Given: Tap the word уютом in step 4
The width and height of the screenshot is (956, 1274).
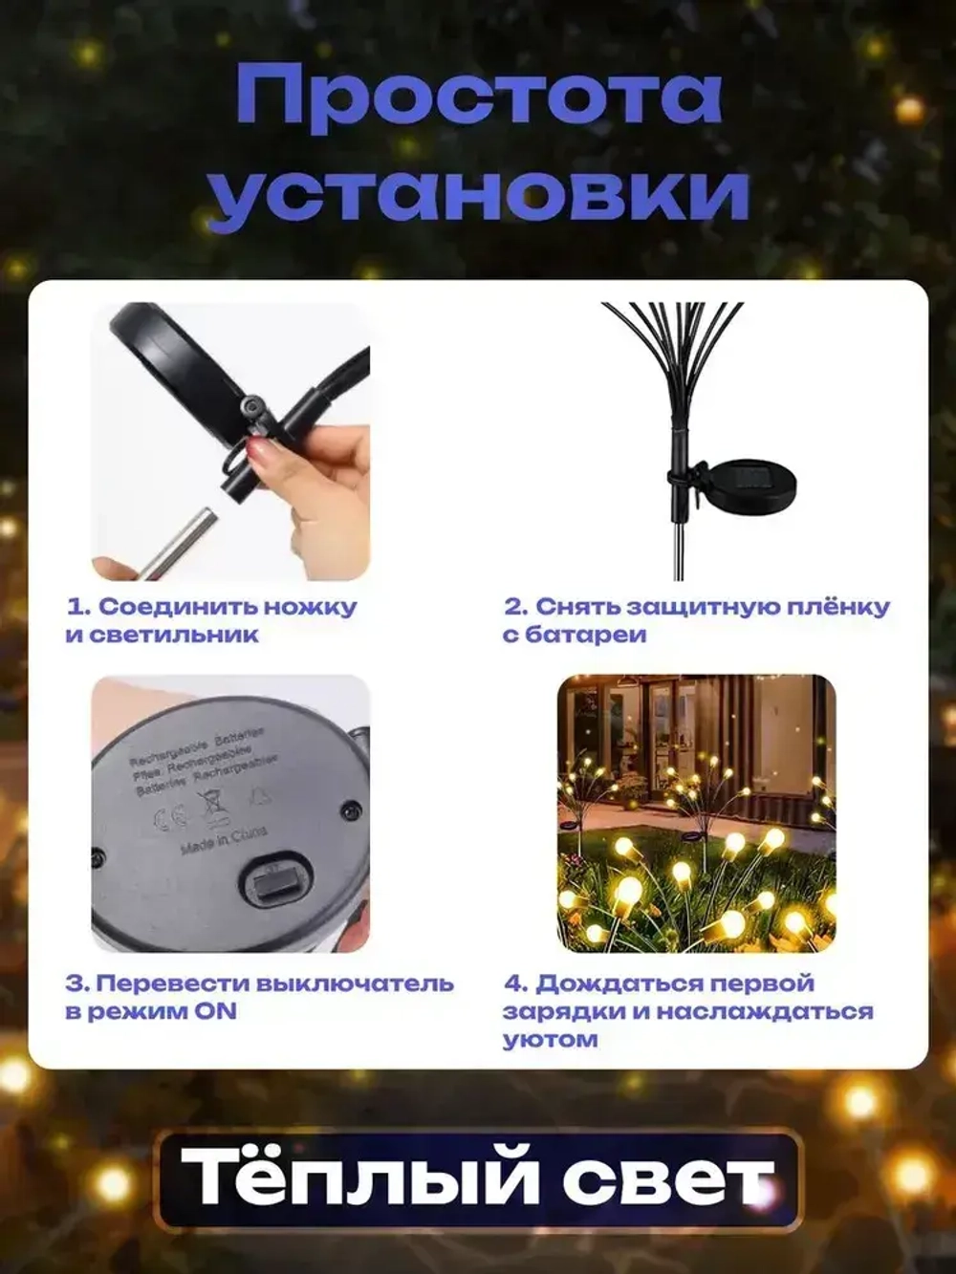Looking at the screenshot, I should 551,1039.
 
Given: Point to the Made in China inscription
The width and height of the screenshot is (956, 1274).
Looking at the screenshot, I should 224,840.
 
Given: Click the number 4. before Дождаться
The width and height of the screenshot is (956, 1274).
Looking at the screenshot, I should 515,983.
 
